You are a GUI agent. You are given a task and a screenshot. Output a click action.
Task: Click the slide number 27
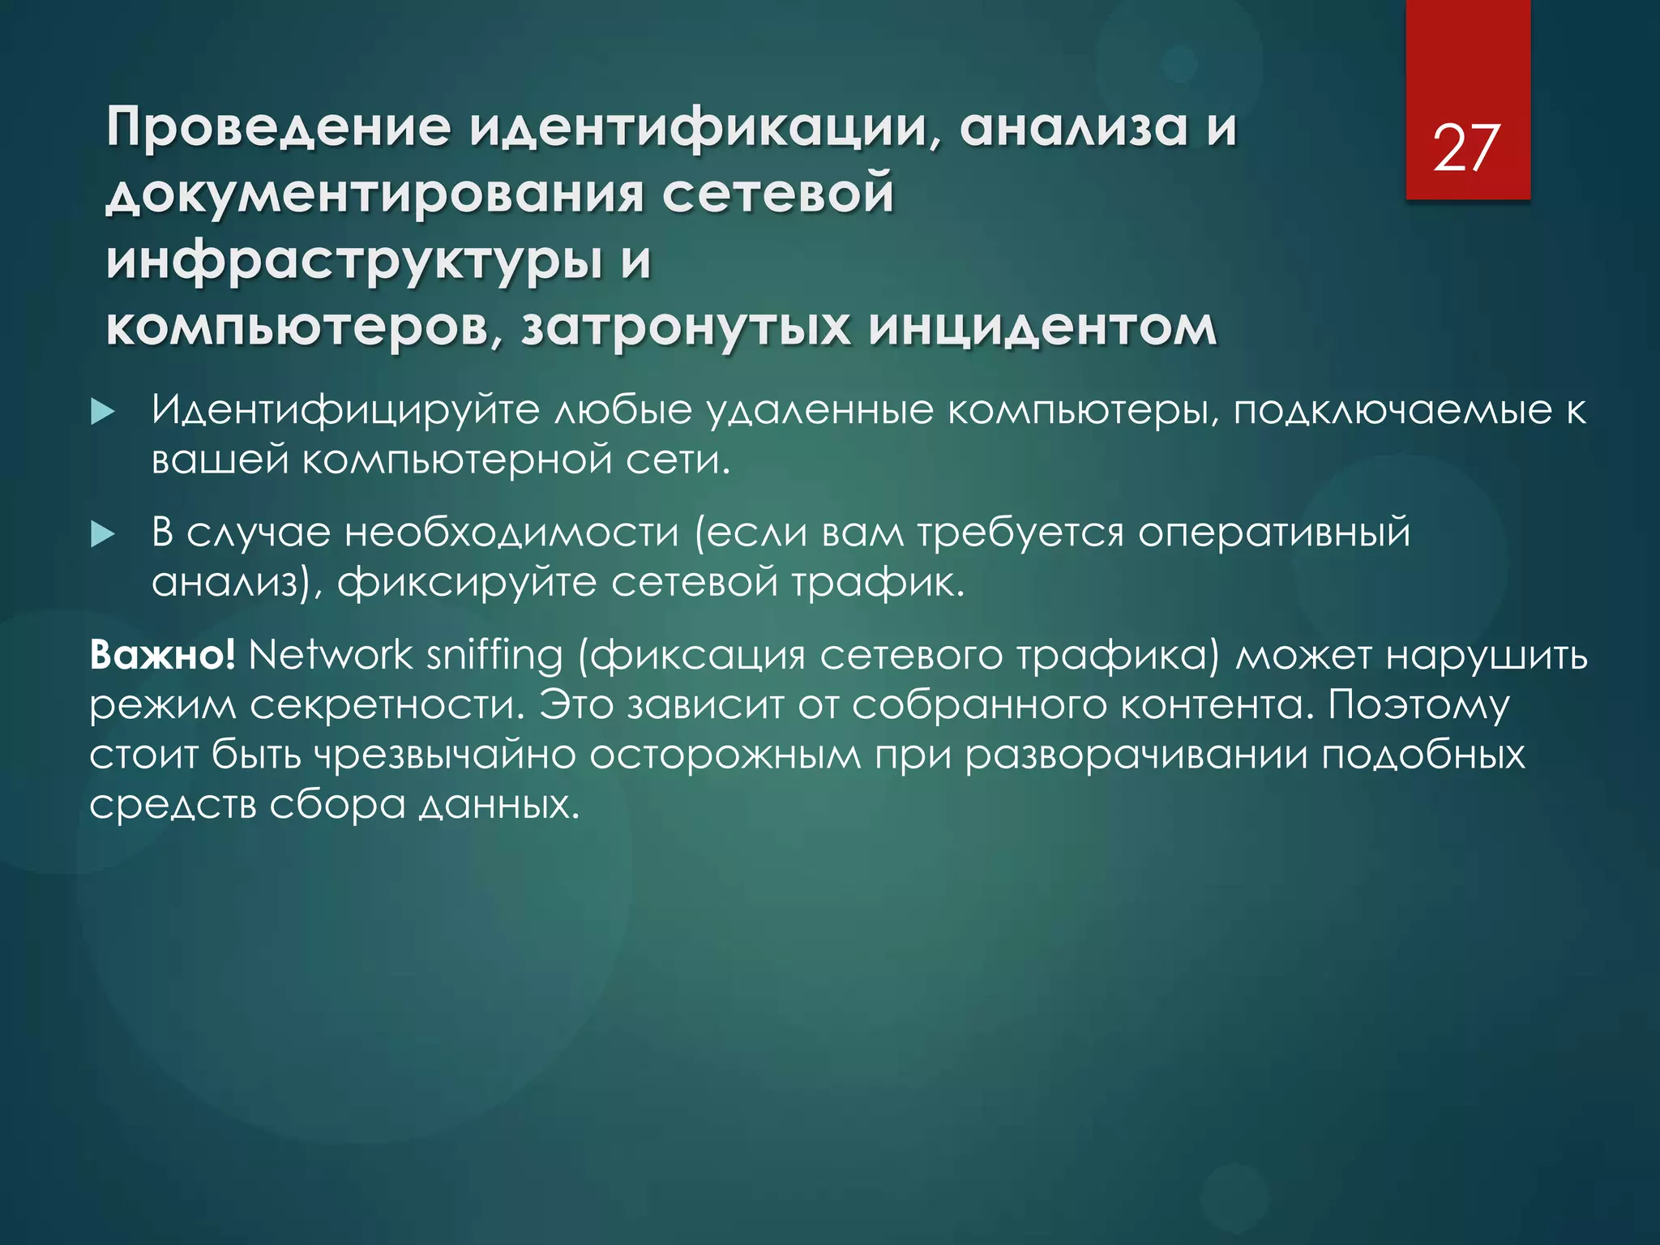click(1466, 148)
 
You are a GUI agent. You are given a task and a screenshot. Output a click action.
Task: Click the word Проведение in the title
click(278, 127)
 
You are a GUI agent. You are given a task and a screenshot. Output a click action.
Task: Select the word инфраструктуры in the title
click(354, 262)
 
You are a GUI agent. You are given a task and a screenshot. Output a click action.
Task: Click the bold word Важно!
click(162, 654)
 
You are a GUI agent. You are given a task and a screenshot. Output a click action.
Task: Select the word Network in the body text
click(330, 654)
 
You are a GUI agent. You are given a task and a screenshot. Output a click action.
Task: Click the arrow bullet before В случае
click(103, 534)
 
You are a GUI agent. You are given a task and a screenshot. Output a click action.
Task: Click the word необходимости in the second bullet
click(511, 533)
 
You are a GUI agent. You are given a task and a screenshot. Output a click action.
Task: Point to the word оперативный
click(1274, 533)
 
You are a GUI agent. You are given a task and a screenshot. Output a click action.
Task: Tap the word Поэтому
click(1418, 705)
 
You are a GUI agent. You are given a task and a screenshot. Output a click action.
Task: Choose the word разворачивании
click(1136, 755)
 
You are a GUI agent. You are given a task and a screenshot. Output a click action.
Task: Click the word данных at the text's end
click(499, 805)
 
